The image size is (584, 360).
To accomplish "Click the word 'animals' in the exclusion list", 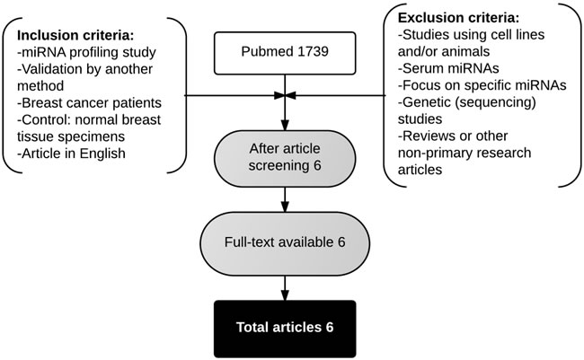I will pos(472,52).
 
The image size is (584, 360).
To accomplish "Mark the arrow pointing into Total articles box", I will pos(285,287).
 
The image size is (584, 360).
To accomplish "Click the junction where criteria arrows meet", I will pos(285,95).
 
